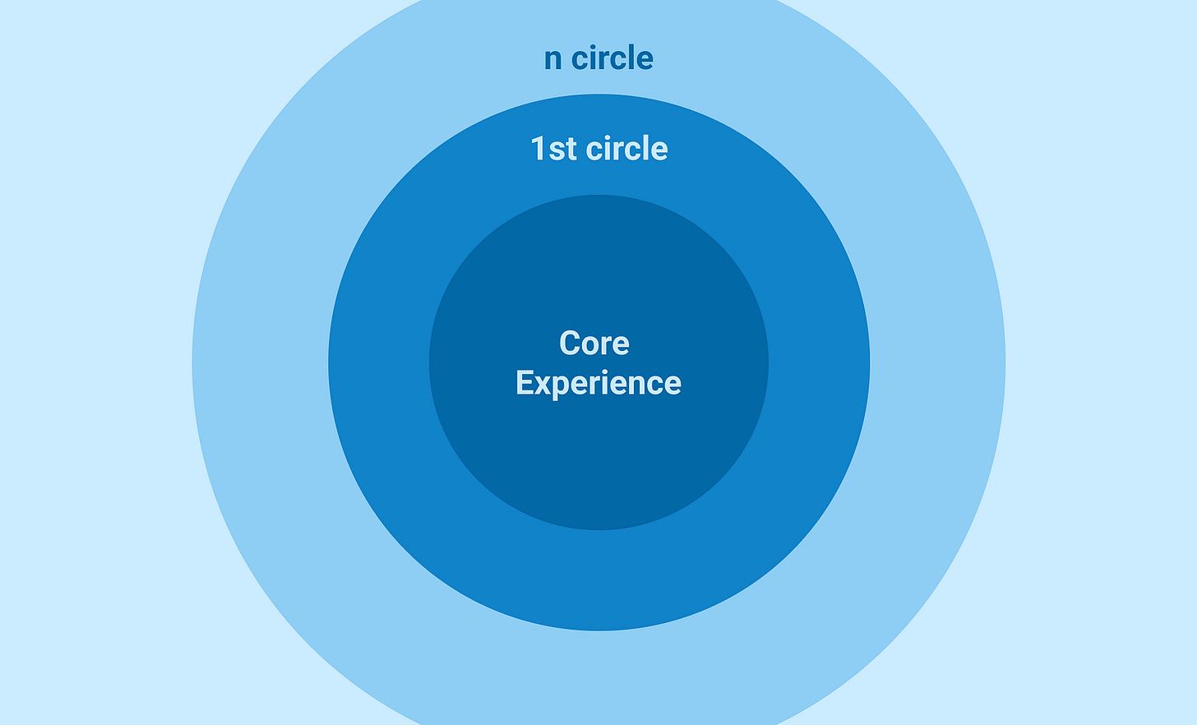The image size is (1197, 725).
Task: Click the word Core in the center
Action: pos(594,343)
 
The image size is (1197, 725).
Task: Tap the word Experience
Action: pos(598,383)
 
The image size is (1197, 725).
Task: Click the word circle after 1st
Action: pos(626,149)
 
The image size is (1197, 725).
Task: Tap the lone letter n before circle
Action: pos(552,59)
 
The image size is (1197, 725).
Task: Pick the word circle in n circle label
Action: pos(612,58)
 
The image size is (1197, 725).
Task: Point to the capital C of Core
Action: pos(569,343)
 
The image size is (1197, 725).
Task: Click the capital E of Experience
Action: pos(524,383)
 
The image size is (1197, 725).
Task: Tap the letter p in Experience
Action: pos(559,386)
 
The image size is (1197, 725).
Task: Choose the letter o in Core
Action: pos(591,344)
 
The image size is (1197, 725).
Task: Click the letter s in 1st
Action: pos(557,150)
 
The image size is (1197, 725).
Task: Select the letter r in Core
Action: pos(607,344)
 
